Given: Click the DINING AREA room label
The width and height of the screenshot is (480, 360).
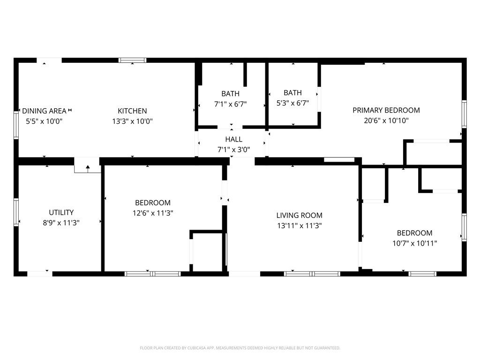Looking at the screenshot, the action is (x=44, y=111).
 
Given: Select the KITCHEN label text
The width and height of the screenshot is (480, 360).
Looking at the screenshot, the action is (x=132, y=111).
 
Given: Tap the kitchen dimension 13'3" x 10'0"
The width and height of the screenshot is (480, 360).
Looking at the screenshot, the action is (x=132, y=121).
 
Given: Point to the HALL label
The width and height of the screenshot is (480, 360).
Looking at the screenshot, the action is (x=233, y=139).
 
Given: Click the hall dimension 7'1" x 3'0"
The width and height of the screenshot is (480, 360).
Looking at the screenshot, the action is (x=233, y=150).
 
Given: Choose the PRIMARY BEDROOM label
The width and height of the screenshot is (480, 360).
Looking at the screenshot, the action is (x=386, y=110).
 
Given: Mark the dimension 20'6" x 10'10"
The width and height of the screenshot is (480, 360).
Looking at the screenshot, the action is (x=386, y=120).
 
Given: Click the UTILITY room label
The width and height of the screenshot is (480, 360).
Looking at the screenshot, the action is (x=61, y=212).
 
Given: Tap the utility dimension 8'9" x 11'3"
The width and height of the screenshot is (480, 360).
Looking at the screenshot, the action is (x=61, y=223).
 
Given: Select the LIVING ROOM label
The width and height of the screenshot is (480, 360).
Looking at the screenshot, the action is (x=299, y=216).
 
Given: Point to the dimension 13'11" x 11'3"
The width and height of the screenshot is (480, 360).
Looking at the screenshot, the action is (x=299, y=226).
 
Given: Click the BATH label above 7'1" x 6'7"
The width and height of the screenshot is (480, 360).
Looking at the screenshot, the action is (x=230, y=94).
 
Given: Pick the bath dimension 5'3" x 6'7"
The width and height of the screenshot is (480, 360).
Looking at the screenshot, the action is (x=292, y=103).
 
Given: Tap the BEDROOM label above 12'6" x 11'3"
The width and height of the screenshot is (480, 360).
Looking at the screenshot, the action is (x=153, y=202).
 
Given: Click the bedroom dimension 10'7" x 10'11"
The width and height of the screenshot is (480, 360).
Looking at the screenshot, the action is (x=414, y=243).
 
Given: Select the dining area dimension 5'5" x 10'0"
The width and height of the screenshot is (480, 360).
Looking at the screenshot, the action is (x=44, y=121).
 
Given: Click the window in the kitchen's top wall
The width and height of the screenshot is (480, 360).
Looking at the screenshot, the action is (x=133, y=60).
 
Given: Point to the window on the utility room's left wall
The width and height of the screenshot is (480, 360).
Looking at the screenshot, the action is (x=16, y=212).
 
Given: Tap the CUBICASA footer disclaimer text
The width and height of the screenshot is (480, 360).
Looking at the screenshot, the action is (x=240, y=348).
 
